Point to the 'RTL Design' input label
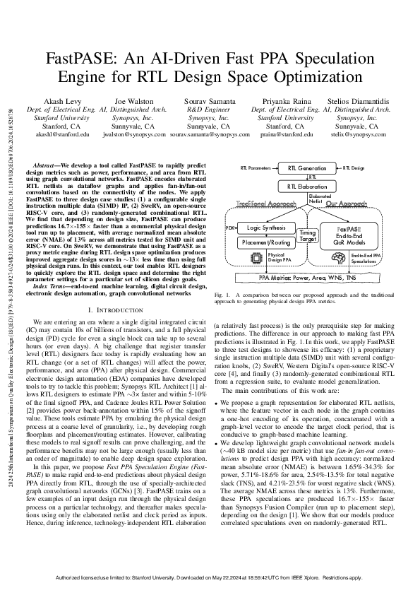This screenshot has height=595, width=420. coord(353,169)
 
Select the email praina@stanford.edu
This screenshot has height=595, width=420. coord(282,133)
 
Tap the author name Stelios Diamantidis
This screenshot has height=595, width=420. coord(356,101)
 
